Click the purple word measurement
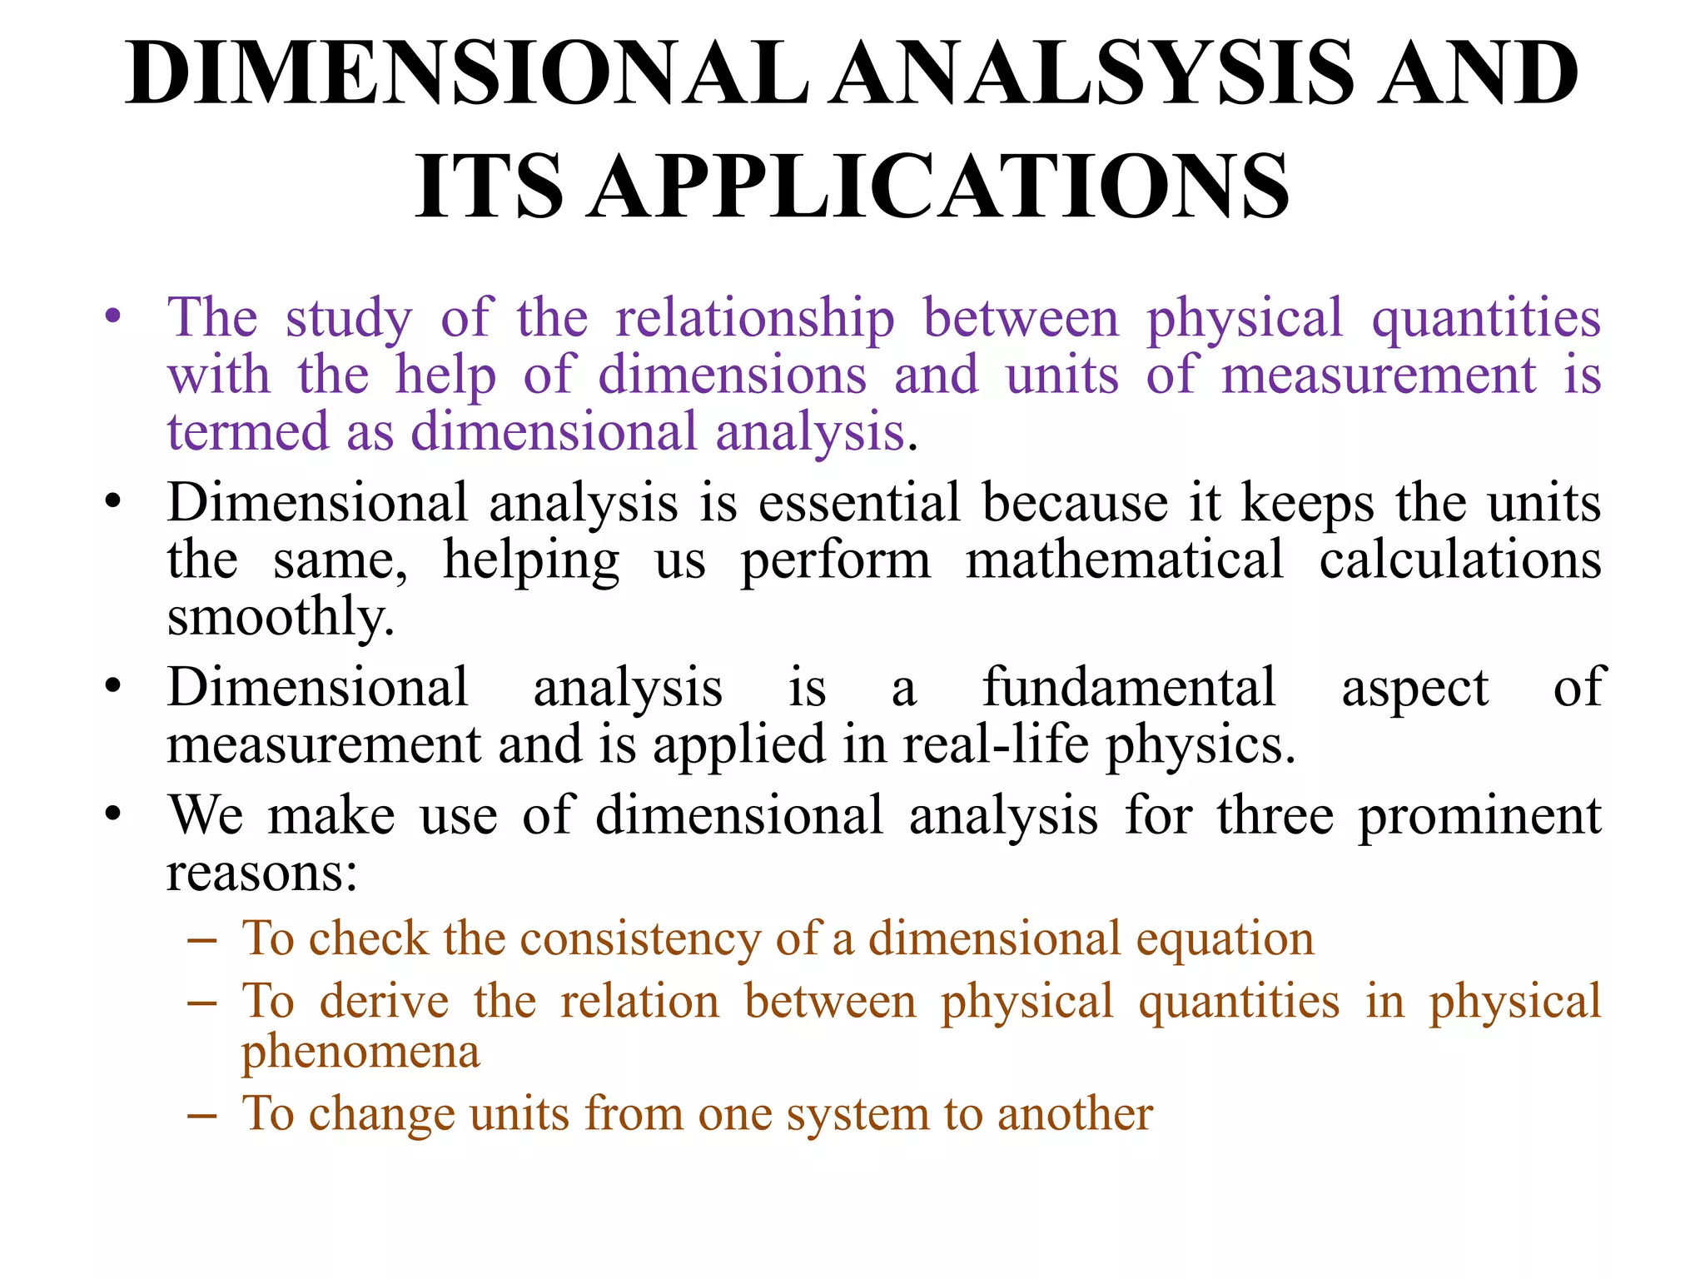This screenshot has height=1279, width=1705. click(x=1379, y=376)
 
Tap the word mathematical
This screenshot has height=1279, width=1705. click(x=1125, y=560)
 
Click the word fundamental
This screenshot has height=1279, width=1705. click(x=1129, y=689)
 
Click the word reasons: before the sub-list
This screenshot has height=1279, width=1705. click(x=262, y=873)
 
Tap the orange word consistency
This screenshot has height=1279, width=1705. click(x=640, y=939)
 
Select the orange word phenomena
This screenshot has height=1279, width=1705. click(x=360, y=1053)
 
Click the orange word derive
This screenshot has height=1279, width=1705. click(x=385, y=1002)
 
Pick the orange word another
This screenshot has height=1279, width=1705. click(x=1075, y=1114)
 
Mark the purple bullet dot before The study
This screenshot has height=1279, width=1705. click(x=113, y=317)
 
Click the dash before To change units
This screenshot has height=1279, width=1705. click(x=202, y=1114)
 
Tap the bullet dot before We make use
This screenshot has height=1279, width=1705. click(x=113, y=814)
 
